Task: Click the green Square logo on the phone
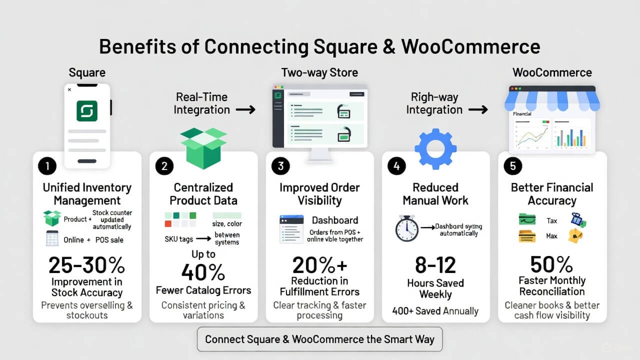point(87,110)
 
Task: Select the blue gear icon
point(435,148)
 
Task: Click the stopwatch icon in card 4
point(406,228)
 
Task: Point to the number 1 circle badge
point(47,166)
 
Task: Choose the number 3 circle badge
point(280,166)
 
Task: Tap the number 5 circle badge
point(512,166)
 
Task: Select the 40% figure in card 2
point(203,272)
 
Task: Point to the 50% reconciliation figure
point(551,264)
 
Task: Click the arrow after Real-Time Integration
point(245,109)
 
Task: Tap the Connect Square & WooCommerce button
point(319,339)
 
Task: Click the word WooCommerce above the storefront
point(552,72)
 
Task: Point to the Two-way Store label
point(319,72)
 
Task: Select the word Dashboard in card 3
point(335,220)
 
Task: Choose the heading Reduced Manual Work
point(435,194)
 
